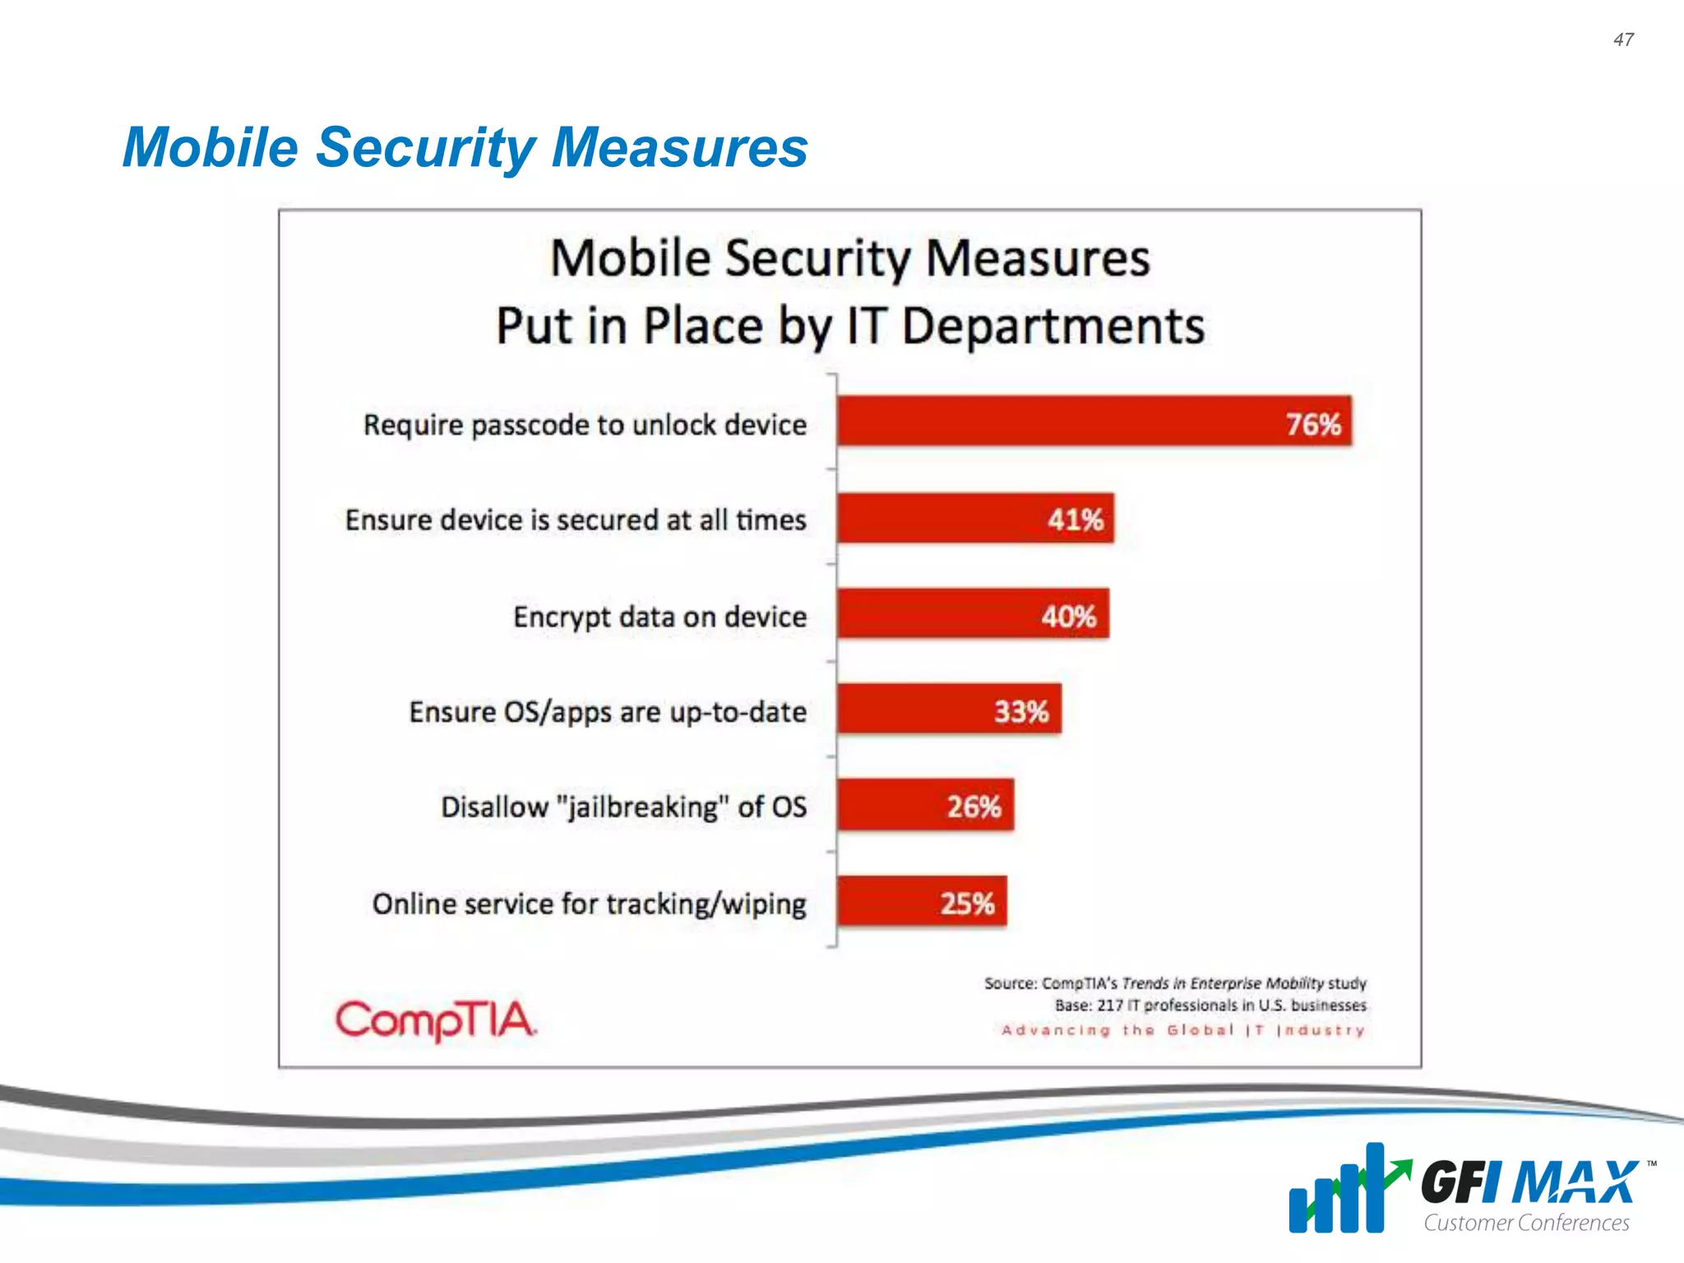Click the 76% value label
[x=1313, y=425]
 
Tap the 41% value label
[x=1075, y=520]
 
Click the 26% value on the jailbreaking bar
[x=974, y=807]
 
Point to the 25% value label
[x=967, y=904]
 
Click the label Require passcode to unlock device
[x=585, y=425]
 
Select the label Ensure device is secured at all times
[x=576, y=520]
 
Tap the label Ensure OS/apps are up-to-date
[x=608, y=712]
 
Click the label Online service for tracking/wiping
[x=589, y=904]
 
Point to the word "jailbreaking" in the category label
[x=643, y=807]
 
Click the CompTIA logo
[x=436, y=1020]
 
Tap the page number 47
[x=1623, y=39]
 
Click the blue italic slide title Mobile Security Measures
[x=465, y=147]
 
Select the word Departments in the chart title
[x=1052, y=326]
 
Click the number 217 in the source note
[x=1109, y=1006]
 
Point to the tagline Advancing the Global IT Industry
[x=1183, y=1030]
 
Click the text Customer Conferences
[x=1526, y=1223]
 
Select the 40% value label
[x=1068, y=617]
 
